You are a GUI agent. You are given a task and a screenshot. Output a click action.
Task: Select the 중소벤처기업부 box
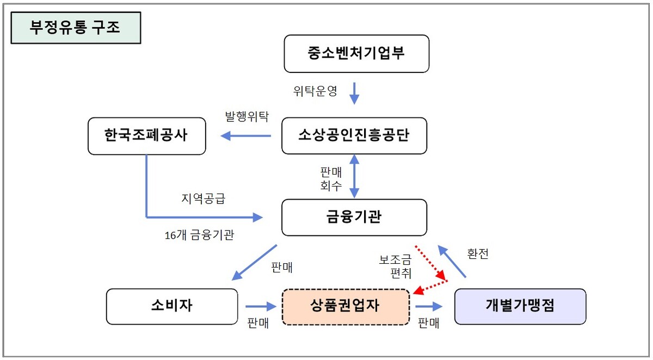point(356,54)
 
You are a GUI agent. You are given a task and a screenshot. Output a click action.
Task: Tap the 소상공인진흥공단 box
point(354,135)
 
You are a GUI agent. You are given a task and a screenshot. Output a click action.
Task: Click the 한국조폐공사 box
point(146,135)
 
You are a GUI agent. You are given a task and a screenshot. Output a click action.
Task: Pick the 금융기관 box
point(354,217)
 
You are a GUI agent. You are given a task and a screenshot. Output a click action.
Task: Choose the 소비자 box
point(172,306)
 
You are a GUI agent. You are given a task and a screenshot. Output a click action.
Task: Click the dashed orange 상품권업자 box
point(346,307)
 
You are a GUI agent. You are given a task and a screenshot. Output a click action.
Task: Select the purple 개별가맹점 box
point(520,306)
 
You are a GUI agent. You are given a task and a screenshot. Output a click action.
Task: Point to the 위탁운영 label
point(315,91)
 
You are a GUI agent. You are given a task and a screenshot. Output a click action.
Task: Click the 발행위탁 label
point(247,116)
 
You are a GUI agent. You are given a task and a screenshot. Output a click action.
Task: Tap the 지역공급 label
point(203,198)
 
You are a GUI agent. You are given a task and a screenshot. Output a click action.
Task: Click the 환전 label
point(478,253)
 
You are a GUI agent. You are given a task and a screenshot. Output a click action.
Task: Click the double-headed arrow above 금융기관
point(354,176)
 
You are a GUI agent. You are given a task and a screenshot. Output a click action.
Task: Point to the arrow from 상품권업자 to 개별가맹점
point(431,307)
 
